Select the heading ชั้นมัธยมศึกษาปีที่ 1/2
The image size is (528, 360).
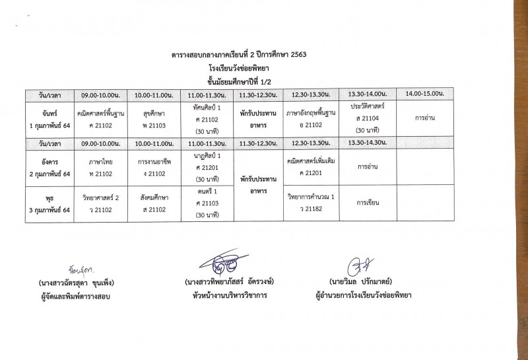[x=238, y=79]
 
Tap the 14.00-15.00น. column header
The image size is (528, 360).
[x=424, y=95]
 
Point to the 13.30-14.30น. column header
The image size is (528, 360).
[x=368, y=143]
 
